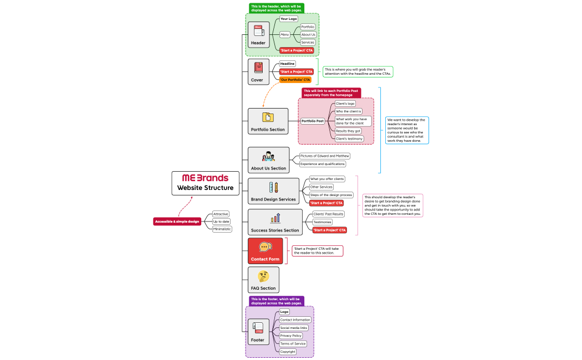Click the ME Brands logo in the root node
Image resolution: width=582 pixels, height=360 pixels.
coord(205,178)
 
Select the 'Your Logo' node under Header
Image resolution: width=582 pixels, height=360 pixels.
coord(289,19)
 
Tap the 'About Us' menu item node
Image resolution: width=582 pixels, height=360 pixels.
coord(308,34)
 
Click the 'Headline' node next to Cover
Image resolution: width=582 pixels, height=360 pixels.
coord(287,64)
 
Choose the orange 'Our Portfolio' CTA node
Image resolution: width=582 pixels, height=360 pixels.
coord(295,80)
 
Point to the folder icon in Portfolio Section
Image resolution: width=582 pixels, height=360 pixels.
coord(268,117)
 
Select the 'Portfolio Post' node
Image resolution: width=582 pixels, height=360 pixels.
coord(313,121)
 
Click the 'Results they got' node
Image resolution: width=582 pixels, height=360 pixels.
coord(348,131)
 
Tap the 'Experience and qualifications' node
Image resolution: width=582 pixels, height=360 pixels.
coord(323,164)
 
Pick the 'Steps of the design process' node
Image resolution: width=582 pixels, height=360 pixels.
coord(331,195)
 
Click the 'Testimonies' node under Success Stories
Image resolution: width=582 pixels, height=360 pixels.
coord(322,222)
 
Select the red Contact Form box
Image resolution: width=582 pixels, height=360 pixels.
coord(265,251)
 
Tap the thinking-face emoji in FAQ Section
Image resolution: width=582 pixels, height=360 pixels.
coord(263,276)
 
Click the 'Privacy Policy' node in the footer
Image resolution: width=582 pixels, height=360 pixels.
coord(290,336)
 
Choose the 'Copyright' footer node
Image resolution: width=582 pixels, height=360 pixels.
coord(288,352)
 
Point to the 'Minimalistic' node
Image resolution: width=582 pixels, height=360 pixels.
coord(222,229)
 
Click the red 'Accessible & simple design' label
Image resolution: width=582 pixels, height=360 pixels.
coord(177,222)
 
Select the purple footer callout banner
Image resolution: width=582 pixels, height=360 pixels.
coord(276,301)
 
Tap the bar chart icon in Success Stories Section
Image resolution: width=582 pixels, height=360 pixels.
coord(275,218)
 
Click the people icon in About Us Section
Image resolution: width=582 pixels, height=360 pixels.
coord(269,157)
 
